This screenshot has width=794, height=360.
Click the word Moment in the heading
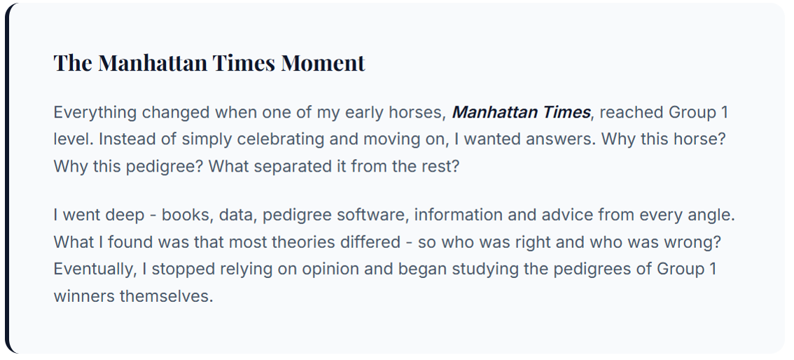[x=323, y=63]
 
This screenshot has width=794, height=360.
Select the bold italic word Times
[x=565, y=112]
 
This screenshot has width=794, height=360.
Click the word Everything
[x=95, y=112]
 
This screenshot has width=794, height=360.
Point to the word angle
[x=710, y=214]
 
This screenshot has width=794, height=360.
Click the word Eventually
[x=97, y=269]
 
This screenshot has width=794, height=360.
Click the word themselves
[x=165, y=296]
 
